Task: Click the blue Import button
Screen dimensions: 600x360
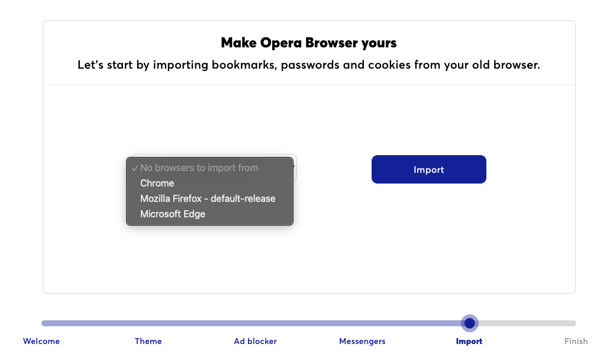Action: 428,169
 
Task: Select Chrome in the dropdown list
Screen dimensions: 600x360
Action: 157,183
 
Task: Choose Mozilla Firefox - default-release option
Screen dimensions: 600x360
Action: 208,198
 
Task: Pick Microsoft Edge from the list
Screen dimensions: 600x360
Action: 173,214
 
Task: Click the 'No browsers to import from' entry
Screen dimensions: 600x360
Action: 199,168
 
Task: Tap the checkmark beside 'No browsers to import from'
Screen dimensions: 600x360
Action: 134,168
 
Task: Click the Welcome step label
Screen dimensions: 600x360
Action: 41,341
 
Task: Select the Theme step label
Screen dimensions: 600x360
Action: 148,341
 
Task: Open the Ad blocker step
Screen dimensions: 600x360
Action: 255,341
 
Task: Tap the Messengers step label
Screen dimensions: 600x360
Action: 362,341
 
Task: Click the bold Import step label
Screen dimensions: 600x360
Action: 469,341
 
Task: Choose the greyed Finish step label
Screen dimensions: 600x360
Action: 576,341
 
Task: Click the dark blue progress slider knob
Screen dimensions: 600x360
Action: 469,323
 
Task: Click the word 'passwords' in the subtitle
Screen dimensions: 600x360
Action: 310,65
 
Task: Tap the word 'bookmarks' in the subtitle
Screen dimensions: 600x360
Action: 244,65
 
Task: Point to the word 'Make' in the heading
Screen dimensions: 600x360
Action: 239,43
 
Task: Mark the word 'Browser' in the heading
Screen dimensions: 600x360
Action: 330,43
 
